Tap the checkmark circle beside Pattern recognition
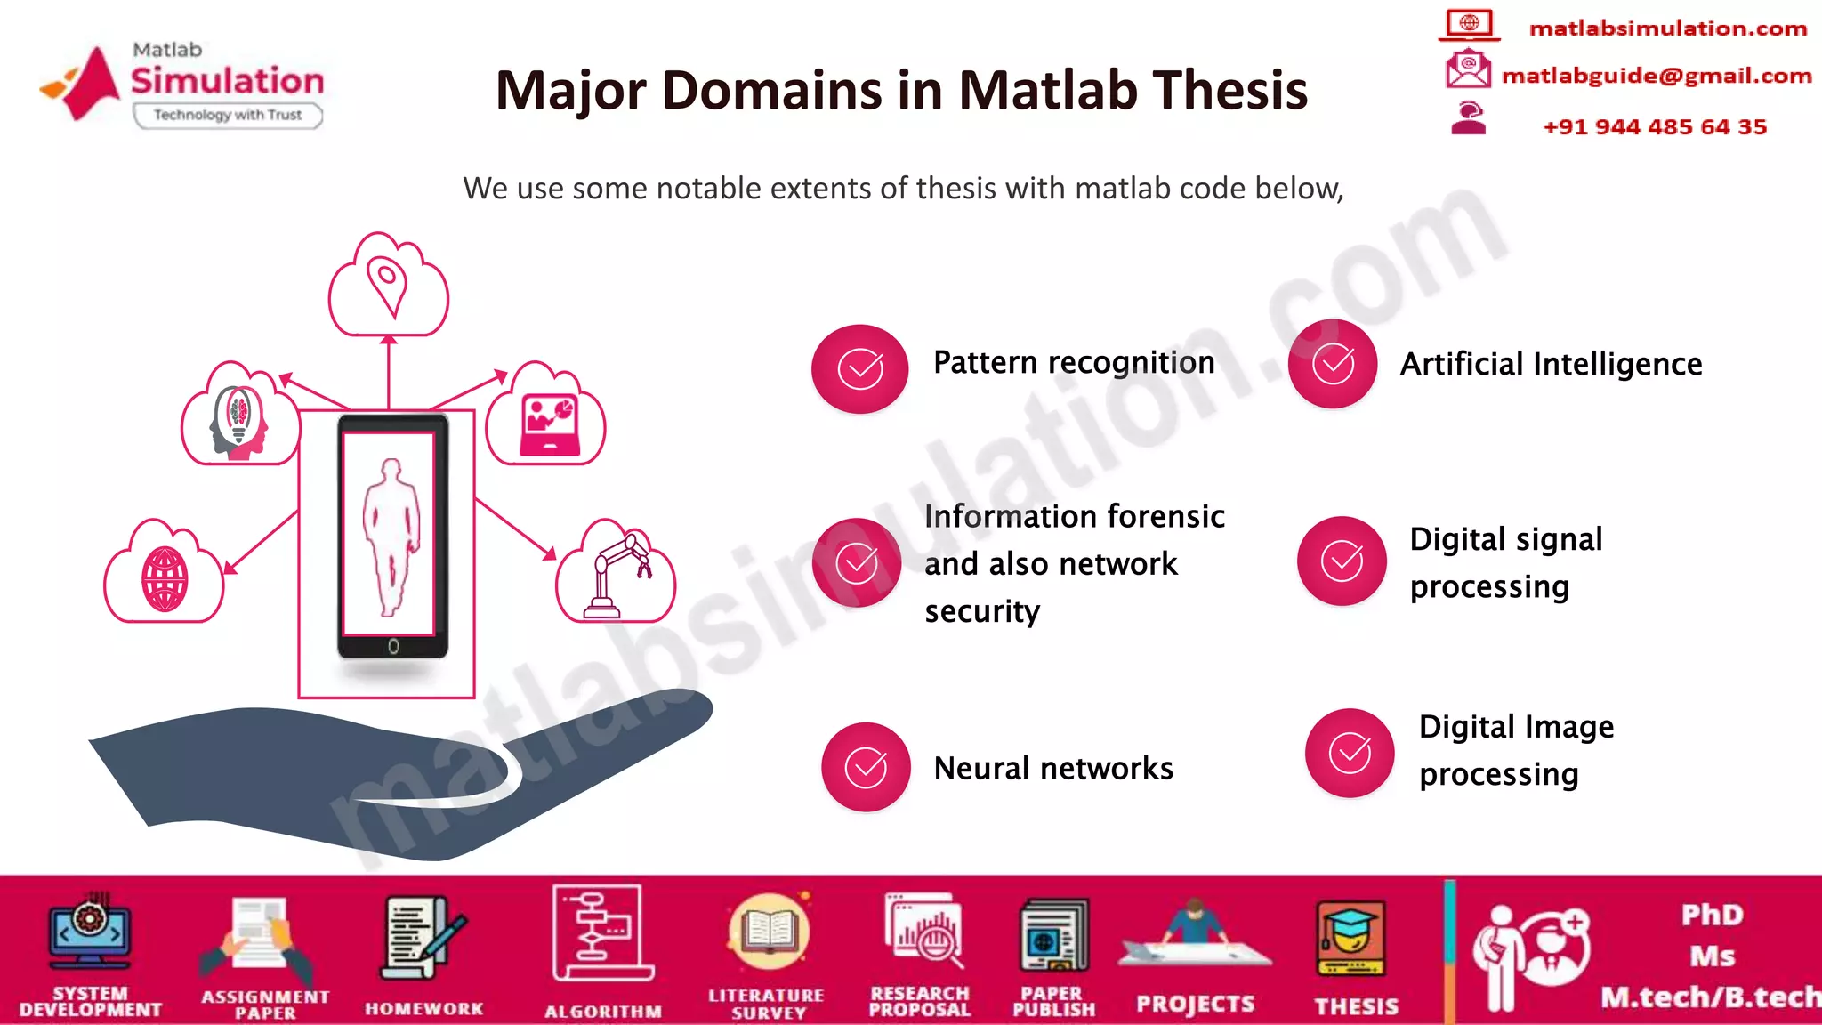click(x=859, y=368)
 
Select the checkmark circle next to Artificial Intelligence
click(x=1333, y=364)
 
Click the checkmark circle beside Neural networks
click(x=866, y=767)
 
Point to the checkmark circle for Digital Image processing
click(x=1350, y=753)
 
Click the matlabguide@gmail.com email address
click(x=1657, y=76)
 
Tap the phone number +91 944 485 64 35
click(x=1655, y=126)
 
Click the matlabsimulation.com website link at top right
click(x=1667, y=28)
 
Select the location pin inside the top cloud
click(x=388, y=285)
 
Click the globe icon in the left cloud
click(x=165, y=579)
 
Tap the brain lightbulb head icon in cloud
click(x=238, y=422)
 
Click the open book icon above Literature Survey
click(x=768, y=931)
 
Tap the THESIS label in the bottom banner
click(x=1356, y=1006)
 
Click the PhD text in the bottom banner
click(x=1712, y=915)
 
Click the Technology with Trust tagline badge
click(x=228, y=115)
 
